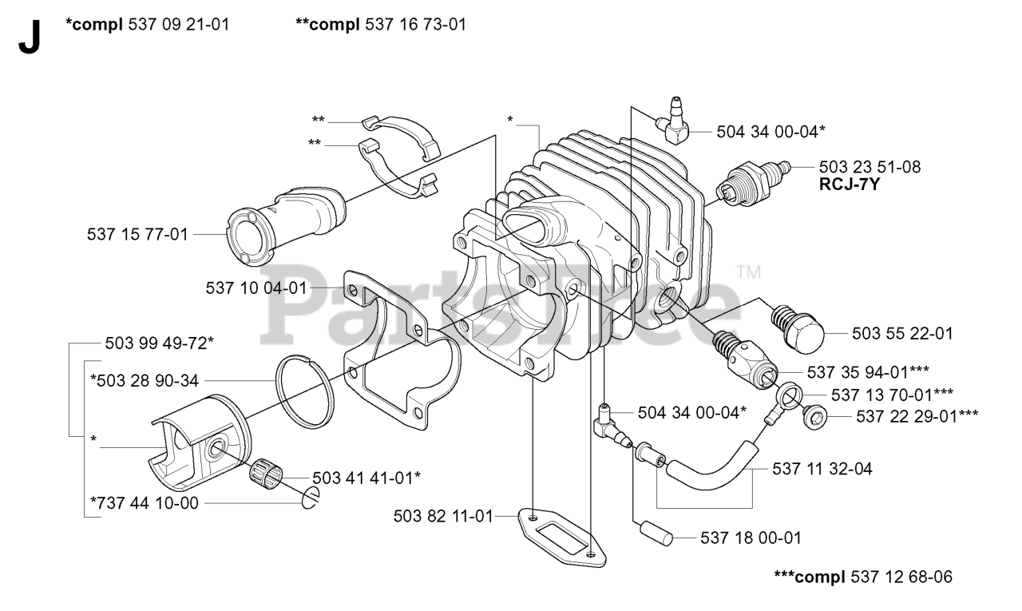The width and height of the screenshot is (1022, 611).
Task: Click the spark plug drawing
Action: [x=753, y=183]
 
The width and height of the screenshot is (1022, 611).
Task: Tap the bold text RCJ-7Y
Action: [x=847, y=184]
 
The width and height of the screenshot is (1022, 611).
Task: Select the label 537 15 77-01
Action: [x=137, y=234]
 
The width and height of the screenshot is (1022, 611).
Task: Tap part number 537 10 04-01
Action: [x=255, y=288]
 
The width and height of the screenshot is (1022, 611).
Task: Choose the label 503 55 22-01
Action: [x=901, y=332]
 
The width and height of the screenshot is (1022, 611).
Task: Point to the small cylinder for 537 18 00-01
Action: [x=651, y=532]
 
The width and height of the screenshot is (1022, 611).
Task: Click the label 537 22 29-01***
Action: [x=917, y=415]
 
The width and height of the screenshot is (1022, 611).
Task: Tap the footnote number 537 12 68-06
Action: [x=902, y=576]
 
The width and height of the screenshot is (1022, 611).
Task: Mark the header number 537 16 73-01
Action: [x=415, y=25]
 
